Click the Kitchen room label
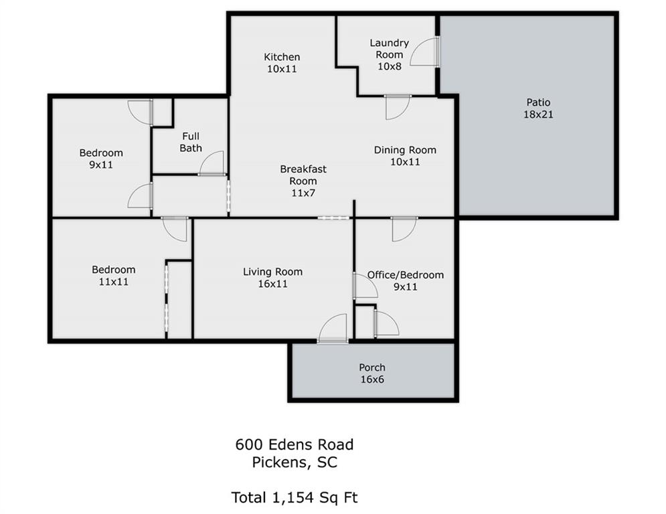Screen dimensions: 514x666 (x=281, y=62)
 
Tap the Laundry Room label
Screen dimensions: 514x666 (x=389, y=49)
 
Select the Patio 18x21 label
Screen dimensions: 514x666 (x=538, y=108)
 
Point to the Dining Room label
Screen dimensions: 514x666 (x=405, y=155)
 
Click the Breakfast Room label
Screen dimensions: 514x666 (x=303, y=181)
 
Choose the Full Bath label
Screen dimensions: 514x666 (x=191, y=142)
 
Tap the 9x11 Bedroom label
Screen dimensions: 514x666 (x=101, y=159)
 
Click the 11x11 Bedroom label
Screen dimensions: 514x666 (x=114, y=276)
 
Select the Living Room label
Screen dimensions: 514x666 (x=272, y=277)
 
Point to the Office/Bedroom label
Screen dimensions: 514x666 (x=405, y=280)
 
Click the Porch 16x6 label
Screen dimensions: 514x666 (x=372, y=373)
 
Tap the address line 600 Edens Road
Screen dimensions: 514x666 (x=294, y=444)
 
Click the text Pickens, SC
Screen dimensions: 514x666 (x=294, y=462)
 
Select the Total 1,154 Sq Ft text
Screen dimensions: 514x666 (x=294, y=497)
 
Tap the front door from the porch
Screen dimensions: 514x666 (x=333, y=331)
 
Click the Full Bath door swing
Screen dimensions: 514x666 (x=213, y=164)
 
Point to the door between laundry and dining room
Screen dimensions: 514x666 (x=397, y=107)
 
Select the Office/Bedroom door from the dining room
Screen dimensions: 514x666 (x=404, y=228)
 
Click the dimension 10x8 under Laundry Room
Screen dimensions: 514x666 (x=389, y=66)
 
